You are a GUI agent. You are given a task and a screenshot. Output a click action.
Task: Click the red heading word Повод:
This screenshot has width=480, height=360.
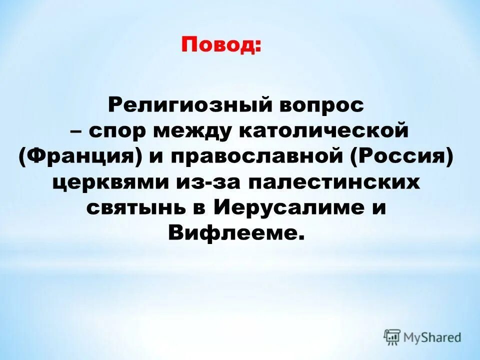click(x=221, y=47)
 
